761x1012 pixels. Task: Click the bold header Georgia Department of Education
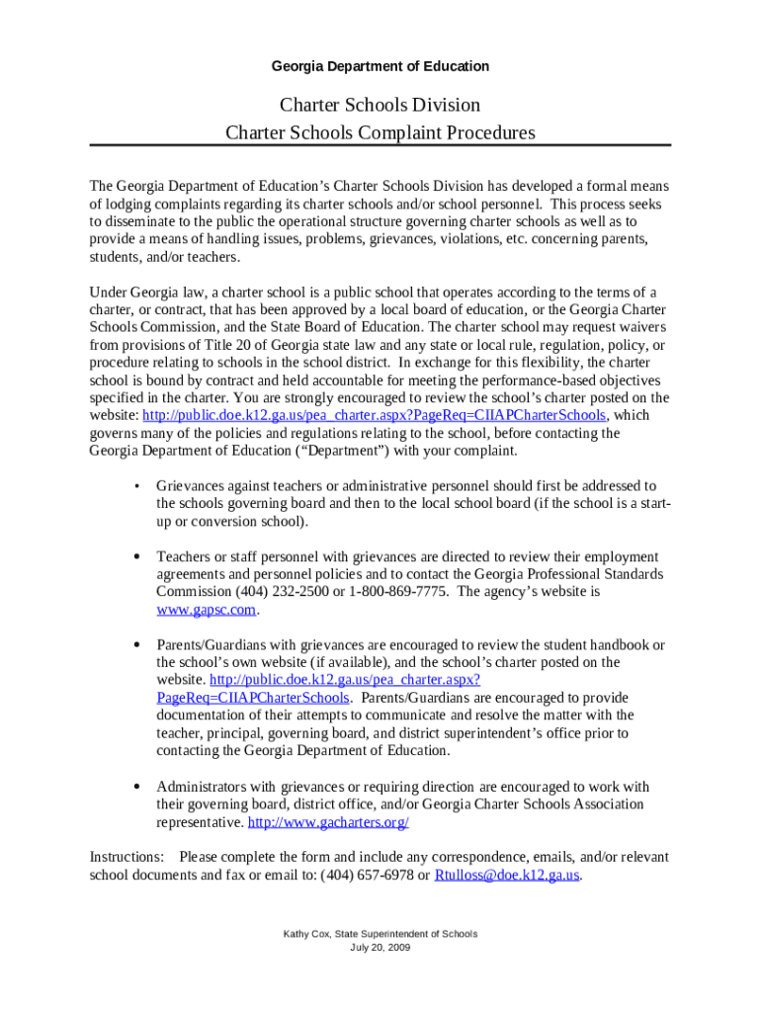point(380,66)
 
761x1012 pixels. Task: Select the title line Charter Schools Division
point(380,105)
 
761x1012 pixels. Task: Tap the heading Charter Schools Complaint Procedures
point(380,132)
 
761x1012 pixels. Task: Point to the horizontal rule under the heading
point(380,146)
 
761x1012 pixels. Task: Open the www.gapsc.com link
point(206,610)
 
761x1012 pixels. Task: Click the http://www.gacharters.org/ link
point(328,822)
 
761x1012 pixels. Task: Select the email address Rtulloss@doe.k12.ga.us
point(506,875)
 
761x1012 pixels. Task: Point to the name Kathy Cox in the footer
point(305,934)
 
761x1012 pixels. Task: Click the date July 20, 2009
point(380,948)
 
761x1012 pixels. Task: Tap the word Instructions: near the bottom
point(127,857)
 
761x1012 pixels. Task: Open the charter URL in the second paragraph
point(375,415)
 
